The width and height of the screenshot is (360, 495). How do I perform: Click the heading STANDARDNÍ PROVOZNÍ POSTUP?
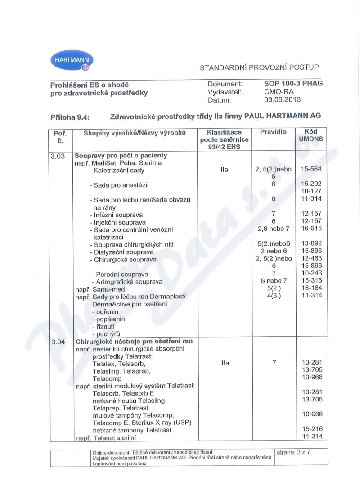click(x=259, y=67)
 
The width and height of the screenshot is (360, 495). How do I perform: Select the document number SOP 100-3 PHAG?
click(x=293, y=83)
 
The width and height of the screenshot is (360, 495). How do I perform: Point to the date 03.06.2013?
click(x=283, y=99)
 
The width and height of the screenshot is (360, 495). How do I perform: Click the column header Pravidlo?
click(x=273, y=132)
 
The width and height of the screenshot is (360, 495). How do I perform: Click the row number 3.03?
click(x=58, y=156)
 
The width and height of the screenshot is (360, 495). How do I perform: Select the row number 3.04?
click(x=58, y=342)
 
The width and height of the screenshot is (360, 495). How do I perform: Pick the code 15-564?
click(x=311, y=170)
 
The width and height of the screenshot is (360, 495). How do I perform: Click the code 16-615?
click(x=311, y=229)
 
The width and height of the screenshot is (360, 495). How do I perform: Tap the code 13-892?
click(x=311, y=244)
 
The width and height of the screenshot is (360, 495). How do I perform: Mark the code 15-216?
click(x=311, y=429)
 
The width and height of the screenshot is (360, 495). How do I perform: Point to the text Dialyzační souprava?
click(x=119, y=252)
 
